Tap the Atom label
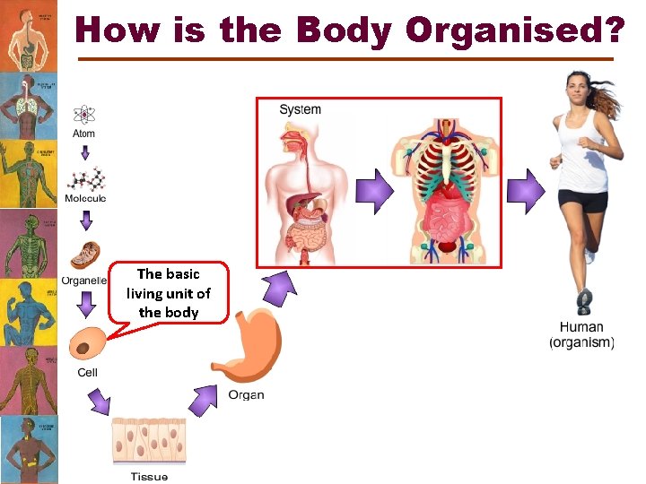(84, 134)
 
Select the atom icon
(84, 114)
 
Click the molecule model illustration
(85, 177)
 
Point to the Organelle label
(83, 280)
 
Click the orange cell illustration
(86, 345)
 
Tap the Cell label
(87, 373)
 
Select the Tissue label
(149, 476)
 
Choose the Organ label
(246, 395)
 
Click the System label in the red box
(300, 109)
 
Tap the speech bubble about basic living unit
(168, 293)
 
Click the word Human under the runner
(581, 327)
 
